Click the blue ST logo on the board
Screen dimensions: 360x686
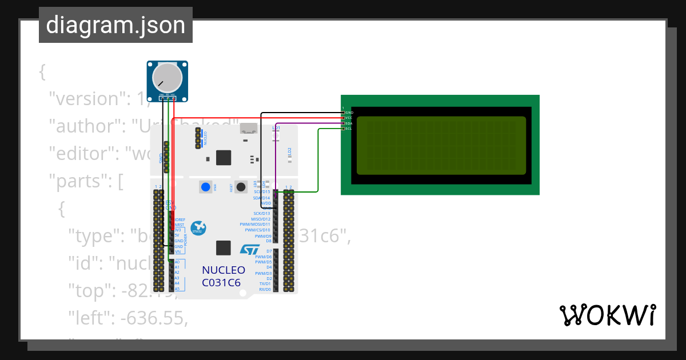tap(250, 250)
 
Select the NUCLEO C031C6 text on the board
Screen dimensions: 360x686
tap(224, 276)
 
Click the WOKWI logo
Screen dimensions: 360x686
tap(607, 315)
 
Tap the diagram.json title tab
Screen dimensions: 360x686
tap(115, 25)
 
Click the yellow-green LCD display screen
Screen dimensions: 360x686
tap(441, 145)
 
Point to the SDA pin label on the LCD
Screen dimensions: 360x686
tap(349, 123)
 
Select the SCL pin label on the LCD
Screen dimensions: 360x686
tap(349, 129)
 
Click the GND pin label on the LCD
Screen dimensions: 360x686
tap(349, 113)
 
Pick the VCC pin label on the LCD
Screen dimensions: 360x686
tap(349, 118)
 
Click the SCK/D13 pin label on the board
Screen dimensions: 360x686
tap(261, 214)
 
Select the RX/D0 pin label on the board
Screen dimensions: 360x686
tap(265, 289)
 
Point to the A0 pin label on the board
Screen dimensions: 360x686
tap(177, 262)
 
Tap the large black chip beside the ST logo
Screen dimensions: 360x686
tap(224, 248)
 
